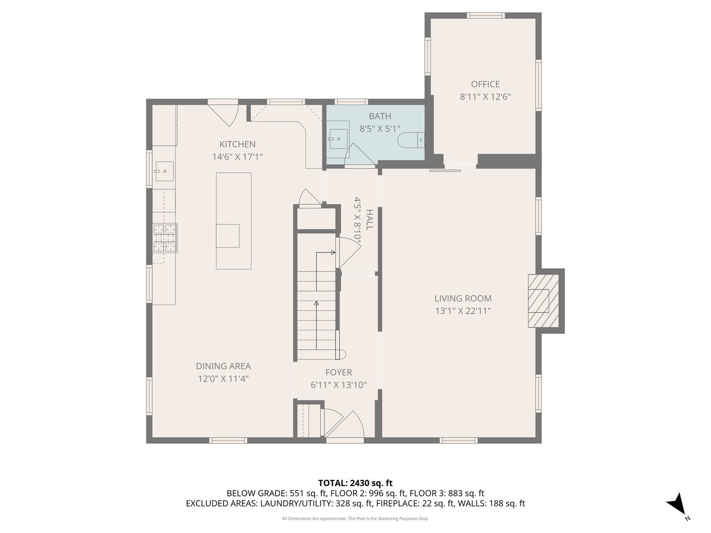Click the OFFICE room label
[485, 84]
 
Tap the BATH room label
[380, 116]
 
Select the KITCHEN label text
[237, 144]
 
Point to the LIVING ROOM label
[463, 299]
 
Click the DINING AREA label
[223, 366]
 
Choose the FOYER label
[339, 373]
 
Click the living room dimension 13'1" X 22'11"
[463, 311]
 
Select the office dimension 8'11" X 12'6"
[485, 97]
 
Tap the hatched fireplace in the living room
[543, 301]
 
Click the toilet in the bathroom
[411, 140]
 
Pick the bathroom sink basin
[338, 139]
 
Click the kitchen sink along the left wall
[164, 171]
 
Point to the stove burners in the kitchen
[165, 238]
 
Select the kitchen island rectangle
[234, 221]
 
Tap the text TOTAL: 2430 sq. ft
[355, 483]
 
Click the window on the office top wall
[485, 15]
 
